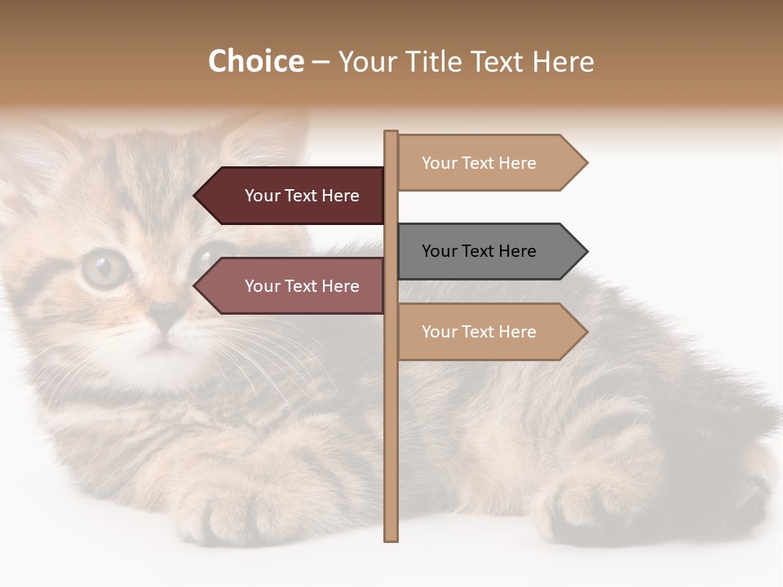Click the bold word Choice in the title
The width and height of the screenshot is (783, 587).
pyautogui.click(x=255, y=61)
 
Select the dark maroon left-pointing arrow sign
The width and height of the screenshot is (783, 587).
pyautogui.click(x=294, y=196)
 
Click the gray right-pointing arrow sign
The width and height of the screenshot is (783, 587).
pyautogui.click(x=489, y=251)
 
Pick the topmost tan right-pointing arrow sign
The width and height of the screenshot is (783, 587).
pyautogui.click(x=489, y=163)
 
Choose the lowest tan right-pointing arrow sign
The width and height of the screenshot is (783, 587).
pyautogui.click(x=489, y=332)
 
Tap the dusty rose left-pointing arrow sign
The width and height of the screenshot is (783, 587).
pyautogui.click(x=294, y=286)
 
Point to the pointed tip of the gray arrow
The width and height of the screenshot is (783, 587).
pyautogui.click(x=586, y=251)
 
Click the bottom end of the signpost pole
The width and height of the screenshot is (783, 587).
pyautogui.click(x=391, y=538)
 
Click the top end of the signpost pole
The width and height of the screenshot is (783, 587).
pyautogui.click(x=391, y=134)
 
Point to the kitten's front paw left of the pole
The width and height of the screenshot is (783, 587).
pyautogui.click(x=220, y=505)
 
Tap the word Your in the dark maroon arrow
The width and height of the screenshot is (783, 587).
pyautogui.click(x=263, y=196)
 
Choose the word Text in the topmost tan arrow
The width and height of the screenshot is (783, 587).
pyautogui.click(x=479, y=163)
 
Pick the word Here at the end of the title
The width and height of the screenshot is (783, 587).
pyautogui.click(x=563, y=61)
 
